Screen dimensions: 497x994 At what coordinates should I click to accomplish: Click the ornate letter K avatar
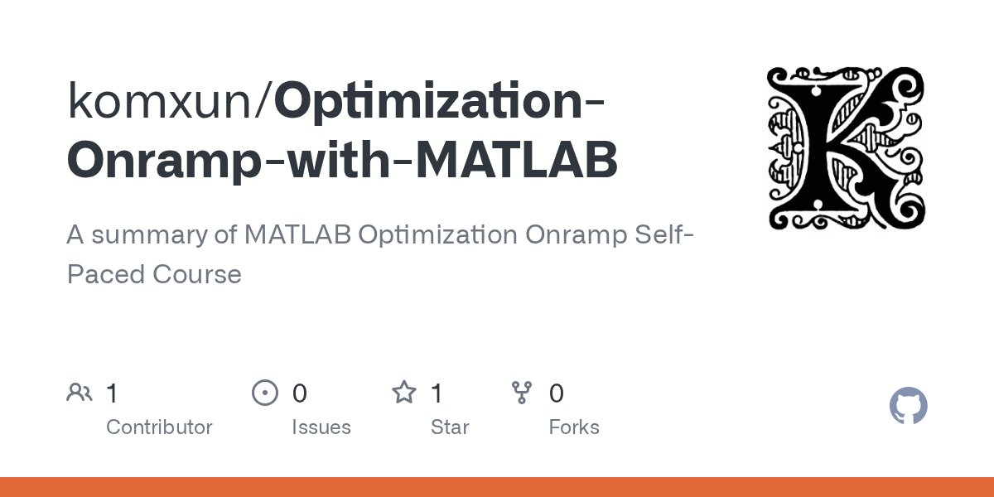(x=846, y=149)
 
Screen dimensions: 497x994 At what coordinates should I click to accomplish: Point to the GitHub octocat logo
(x=908, y=407)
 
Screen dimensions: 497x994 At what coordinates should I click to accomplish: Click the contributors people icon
(x=80, y=393)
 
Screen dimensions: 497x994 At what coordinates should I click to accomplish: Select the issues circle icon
(x=264, y=393)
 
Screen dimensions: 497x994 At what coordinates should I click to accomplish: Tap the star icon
(x=403, y=393)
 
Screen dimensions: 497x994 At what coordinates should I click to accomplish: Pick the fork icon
(x=522, y=393)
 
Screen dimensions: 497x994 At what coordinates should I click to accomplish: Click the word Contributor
(x=159, y=427)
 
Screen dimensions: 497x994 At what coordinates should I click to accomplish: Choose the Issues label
(x=321, y=427)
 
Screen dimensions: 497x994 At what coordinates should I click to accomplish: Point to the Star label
(x=450, y=427)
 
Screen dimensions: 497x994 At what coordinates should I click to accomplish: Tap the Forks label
(x=574, y=427)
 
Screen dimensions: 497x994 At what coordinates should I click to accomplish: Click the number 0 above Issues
(x=300, y=393)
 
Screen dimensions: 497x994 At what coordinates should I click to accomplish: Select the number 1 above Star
(x=437, y=393)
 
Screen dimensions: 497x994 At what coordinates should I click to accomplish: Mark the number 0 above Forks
(x=557, y=393)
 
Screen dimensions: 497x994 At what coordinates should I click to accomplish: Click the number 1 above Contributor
(x=113, y=393)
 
